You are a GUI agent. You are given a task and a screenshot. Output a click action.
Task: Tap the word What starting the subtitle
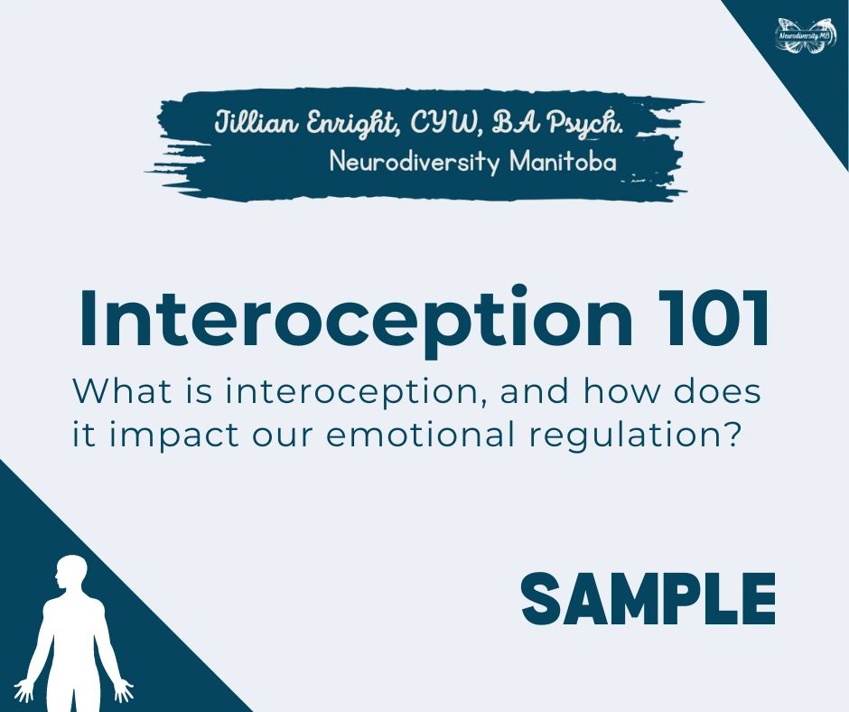(x=117, y=392)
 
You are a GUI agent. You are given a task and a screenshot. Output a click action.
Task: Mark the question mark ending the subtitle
(x=732, y=435)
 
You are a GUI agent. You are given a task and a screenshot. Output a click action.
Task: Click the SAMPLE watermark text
(x=648, y=599)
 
